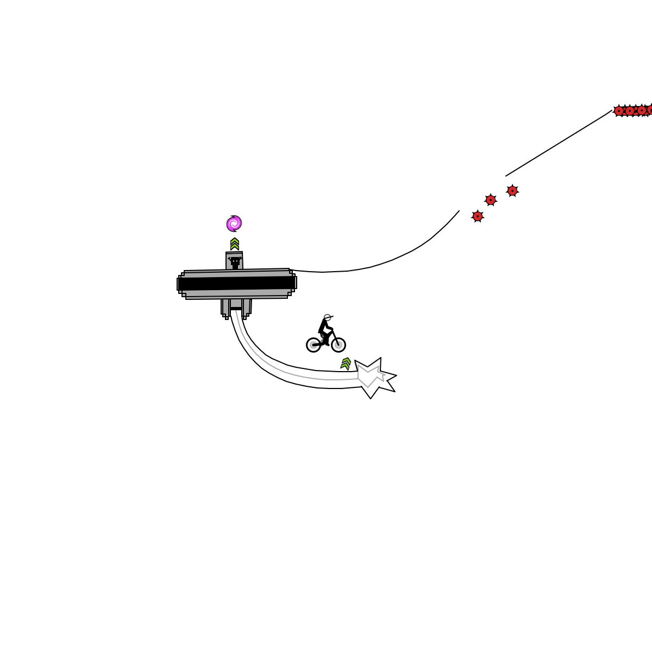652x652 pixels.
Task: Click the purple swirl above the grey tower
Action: [x=234, y=223]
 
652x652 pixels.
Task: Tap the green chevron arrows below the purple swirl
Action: [x=235, y=244]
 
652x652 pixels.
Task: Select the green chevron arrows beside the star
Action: [x=346, y=363]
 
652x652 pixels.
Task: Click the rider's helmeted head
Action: [x=327, y=318]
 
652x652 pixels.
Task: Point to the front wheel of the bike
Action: [x=338, y=345]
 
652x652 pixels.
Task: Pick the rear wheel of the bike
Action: [x=314, y=345]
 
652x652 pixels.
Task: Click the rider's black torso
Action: [x=324, y=327]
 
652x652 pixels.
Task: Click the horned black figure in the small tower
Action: [x=235, y=262]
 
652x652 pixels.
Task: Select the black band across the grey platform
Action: [x=236, y=283]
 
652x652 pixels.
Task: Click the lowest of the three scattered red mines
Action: [x=478, y=216]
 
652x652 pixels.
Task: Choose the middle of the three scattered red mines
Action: [x=491, y=200]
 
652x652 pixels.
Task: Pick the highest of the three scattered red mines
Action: [x=512, y=191]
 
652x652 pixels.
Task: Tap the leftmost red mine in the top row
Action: [x=619, y=111]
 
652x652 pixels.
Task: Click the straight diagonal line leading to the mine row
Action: [x=559, y=143]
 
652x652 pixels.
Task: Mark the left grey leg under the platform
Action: [x=225, y=307]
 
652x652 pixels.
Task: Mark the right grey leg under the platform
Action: [x=247, y=307]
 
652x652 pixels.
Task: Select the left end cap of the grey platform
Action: [x=179, y=284]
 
